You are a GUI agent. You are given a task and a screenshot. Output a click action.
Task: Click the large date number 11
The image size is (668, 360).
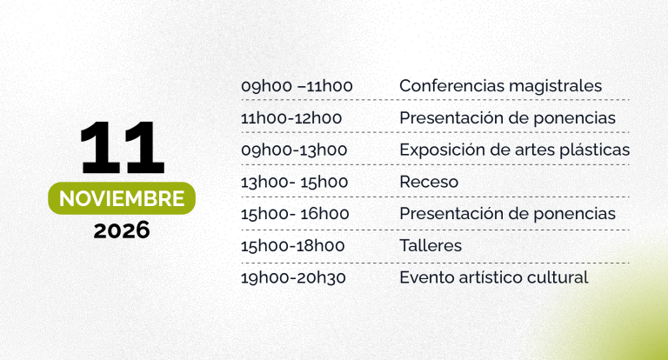tap(122, 148)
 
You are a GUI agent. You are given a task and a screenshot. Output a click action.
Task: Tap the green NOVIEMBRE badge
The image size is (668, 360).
tap(122, 198)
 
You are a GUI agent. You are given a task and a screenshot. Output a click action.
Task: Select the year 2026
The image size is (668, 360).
tap(122, 230)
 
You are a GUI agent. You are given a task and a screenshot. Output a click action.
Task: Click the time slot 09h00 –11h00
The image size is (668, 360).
tap(297, 86)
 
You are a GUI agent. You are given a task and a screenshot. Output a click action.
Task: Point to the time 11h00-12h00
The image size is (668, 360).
tap(291, 118)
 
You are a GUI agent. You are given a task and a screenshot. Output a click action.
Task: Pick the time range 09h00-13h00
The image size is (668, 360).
tap(294, 150)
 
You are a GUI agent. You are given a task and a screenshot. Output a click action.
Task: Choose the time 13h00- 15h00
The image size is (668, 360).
tap(294, 182)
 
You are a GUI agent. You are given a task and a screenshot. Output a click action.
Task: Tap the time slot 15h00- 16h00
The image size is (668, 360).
tap(295, 213)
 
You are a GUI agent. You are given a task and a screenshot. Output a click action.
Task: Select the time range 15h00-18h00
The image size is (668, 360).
tap(292, 246)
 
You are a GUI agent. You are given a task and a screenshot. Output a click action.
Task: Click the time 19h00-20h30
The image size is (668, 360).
tap(293, 277)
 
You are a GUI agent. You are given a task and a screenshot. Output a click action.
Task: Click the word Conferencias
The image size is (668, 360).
tap(452, 86)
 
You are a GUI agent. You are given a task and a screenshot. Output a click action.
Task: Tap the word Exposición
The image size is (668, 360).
tap(442, 150)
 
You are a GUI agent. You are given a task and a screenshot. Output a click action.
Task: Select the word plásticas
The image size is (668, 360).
tap(595, 150)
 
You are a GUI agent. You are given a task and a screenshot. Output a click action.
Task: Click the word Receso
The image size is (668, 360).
tap(429, 183)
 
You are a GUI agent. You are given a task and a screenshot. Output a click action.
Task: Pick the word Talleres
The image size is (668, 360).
tap(431, 246)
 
